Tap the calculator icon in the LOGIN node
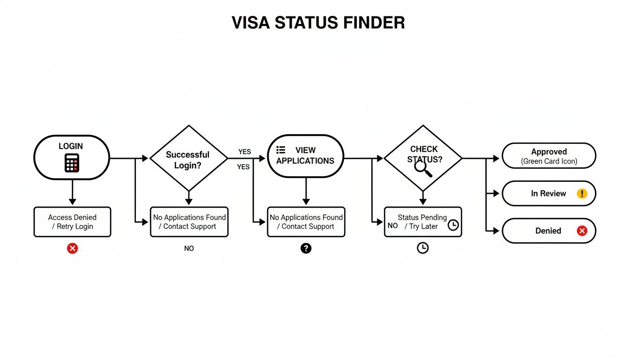[72, 163]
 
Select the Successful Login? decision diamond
[188, 159]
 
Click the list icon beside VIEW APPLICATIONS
[281, 150]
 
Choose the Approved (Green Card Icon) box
[548, 156]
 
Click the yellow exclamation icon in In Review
[582, 194]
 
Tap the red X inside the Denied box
[582, 231]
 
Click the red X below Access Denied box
[72, 248]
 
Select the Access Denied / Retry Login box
[72, 222]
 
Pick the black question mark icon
[306, 248]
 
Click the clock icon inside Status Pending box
[453, 225]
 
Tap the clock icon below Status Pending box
[423, 248]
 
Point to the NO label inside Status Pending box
[393, 226]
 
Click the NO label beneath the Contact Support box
[189, 248]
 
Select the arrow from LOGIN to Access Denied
[72, 192]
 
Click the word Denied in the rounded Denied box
[548, 231]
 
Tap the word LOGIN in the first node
[71, 146]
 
